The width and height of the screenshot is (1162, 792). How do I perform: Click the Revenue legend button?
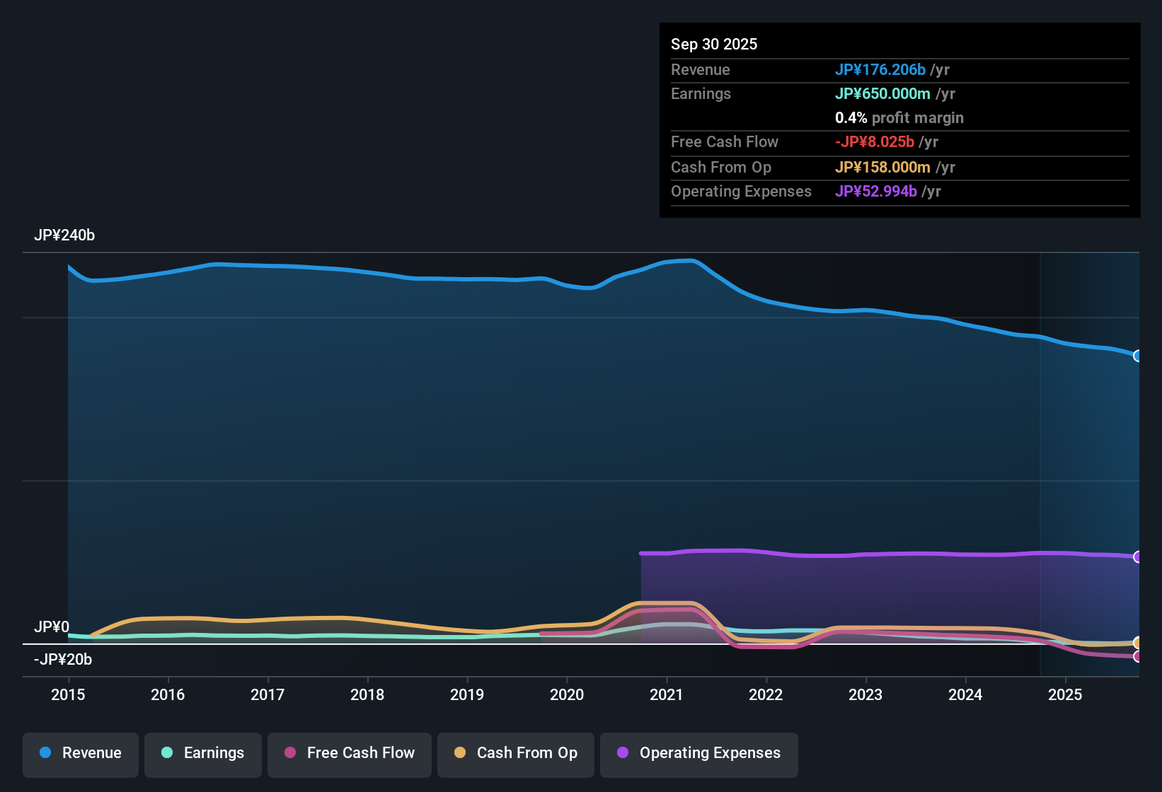[81, 753]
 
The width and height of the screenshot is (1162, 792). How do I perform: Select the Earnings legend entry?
[203, 753]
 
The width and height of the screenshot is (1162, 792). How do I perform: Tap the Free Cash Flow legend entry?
[350, 753]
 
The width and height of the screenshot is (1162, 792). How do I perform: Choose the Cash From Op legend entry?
[516, 753]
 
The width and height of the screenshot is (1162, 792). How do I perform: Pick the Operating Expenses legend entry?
[699, 753]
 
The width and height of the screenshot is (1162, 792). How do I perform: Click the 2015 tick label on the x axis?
[68, 695]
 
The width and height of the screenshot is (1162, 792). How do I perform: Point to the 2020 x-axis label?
[567, 695]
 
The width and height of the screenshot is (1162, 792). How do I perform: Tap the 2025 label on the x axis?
[1065, 695]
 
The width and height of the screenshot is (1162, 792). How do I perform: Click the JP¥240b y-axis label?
[64, 235]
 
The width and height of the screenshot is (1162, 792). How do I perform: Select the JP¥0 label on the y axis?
[52, 627]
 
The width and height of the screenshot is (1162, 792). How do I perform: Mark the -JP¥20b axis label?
[63, 660]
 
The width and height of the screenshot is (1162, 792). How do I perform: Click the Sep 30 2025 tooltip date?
[714, 45]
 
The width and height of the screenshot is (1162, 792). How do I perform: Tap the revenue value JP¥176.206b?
[880, 70]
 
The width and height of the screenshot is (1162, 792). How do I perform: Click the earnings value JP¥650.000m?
[882, 94]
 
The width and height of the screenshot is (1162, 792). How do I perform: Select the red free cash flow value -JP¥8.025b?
[875, 142]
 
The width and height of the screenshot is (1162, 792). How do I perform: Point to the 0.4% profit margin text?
[899, 118]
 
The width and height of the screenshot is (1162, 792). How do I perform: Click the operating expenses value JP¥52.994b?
[876, 192]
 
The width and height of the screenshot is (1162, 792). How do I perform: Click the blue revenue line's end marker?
[1138, 356]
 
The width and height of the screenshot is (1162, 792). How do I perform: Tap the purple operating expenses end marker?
[1138, 557]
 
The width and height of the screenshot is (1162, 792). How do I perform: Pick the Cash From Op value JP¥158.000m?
[882, 168]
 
